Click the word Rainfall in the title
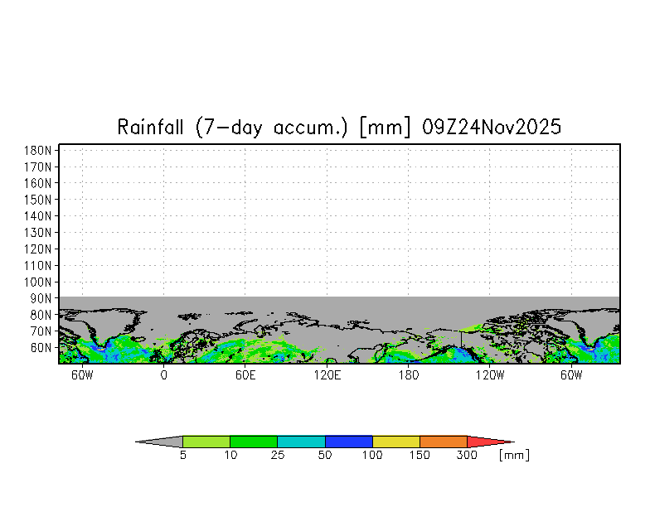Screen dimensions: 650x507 [x=150, y=127]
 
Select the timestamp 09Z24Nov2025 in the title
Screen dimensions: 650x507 [x=492, y=127]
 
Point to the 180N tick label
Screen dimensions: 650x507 [x=38, y=151]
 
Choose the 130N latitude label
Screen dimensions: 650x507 [x=38, y=232]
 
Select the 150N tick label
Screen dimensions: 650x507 [x=38, y=200]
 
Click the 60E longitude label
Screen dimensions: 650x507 [x=245, y=375]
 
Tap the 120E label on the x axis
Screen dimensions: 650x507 [x=327, y=375]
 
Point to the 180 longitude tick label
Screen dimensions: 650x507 [x=408, y=375]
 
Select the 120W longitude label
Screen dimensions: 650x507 [x=489, y=375]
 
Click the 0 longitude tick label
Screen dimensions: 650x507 [x=164, y=375]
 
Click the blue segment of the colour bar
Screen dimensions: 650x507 [x=348, y=442]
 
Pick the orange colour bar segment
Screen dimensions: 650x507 [x=444, y=442]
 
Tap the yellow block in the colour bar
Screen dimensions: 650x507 [x=396, y=442]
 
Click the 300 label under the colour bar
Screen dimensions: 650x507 [x=467, y=456]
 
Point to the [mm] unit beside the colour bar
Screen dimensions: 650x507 [x=514, y=456]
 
